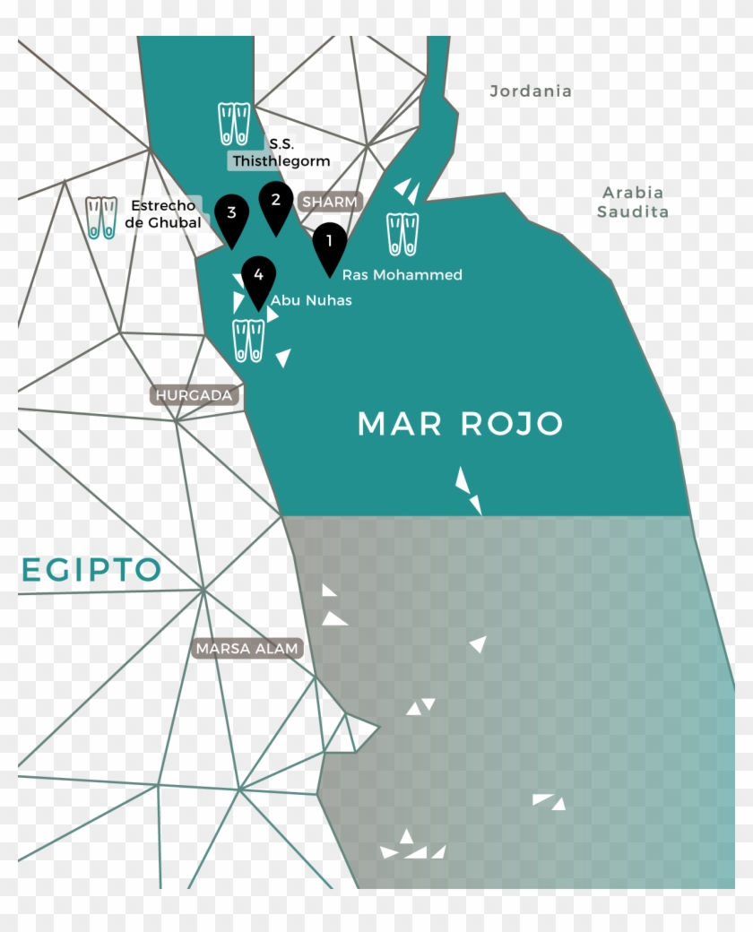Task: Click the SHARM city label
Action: pos(330,202)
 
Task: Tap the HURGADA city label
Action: pos(194,395)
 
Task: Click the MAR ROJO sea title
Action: pos(460,424)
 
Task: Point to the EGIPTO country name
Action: pos(90,569)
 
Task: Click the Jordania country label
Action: pos(531,91)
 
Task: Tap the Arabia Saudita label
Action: pos(633,202)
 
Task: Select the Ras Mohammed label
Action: pos(402,275)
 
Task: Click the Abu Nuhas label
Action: pos(311,300)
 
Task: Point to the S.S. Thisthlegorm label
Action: pos(281,153)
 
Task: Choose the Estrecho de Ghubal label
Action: pos(163,214)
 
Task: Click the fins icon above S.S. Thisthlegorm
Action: pos(235,125)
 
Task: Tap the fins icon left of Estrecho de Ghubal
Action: pos(101,217)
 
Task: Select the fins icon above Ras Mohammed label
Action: pos(402,234)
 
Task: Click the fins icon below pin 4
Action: pos(248,341)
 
